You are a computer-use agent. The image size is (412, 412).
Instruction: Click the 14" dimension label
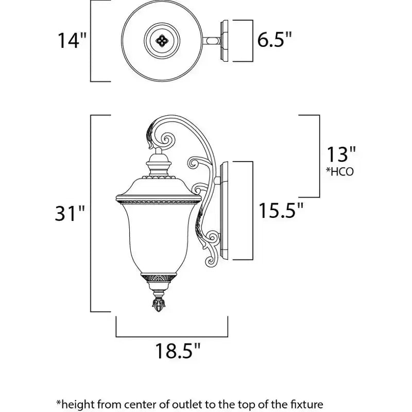point(72,41)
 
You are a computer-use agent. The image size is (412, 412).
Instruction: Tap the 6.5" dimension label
point(274,40)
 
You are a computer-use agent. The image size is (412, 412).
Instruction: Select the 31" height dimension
point(70,213)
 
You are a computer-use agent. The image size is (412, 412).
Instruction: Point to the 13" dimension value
point(341,154)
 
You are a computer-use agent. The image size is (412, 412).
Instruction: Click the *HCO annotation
point(340,171)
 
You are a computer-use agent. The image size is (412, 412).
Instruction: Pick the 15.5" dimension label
point(281,211)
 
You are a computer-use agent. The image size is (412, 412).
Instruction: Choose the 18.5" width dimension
point(178,351)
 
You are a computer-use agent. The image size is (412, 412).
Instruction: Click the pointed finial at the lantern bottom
point(159,305)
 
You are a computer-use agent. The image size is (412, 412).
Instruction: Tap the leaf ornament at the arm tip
point(149,135)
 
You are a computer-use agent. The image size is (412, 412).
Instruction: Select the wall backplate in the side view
point(224,211)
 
